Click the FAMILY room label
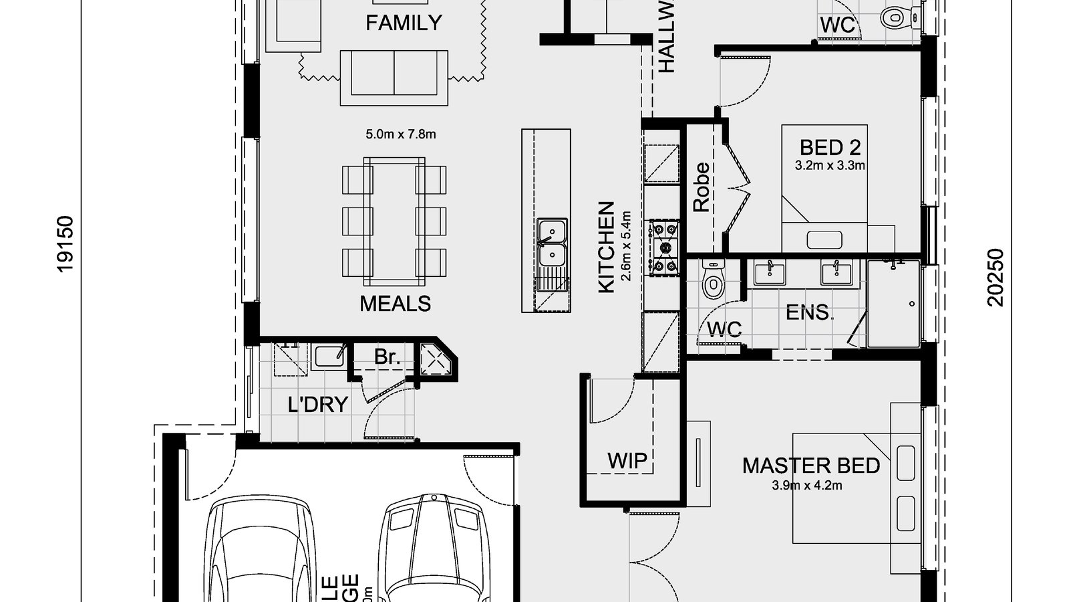coord(404,23)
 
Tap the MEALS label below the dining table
coord(395,304)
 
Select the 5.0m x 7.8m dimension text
coord(400,134)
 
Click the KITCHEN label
coord(606,246)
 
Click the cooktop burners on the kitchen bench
coord(664,247)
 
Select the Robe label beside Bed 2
coord(701,188)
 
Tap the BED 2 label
coord(830,147)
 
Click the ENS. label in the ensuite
coord(808,312)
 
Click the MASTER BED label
coord(810,466)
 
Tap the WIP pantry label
coord(627,460)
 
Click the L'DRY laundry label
coord(318,405)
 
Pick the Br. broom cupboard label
coord(387,357)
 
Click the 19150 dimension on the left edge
coord(65,243)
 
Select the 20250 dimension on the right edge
coord(996,277)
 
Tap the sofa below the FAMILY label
coord(394,76)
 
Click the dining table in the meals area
coord(394,219)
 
